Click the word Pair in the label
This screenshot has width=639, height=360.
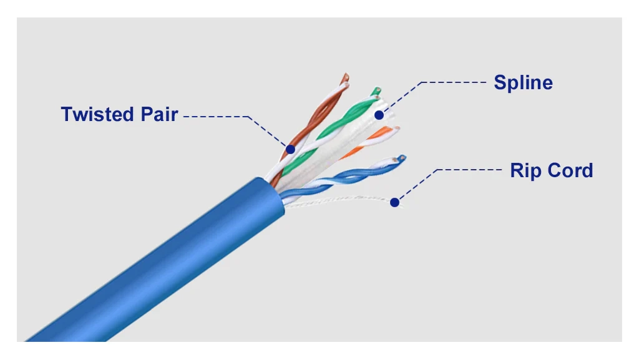(159, 114)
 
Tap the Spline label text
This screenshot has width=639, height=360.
(524, 83)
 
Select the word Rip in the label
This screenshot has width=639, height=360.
(525, 171)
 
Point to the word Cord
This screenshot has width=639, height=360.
(570, 170)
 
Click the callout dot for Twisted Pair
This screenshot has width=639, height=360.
(290, 150)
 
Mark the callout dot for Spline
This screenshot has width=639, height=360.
(379, 115)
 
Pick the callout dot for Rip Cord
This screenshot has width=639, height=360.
(394, 202)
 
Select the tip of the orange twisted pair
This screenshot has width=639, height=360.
(396, 129)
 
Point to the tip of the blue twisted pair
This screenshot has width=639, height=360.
(402, 158)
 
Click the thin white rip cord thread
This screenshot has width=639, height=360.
(343, 199)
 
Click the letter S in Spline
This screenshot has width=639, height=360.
(500, 83)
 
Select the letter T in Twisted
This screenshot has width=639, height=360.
(67, 114)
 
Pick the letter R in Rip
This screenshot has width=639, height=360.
(517, 170)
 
